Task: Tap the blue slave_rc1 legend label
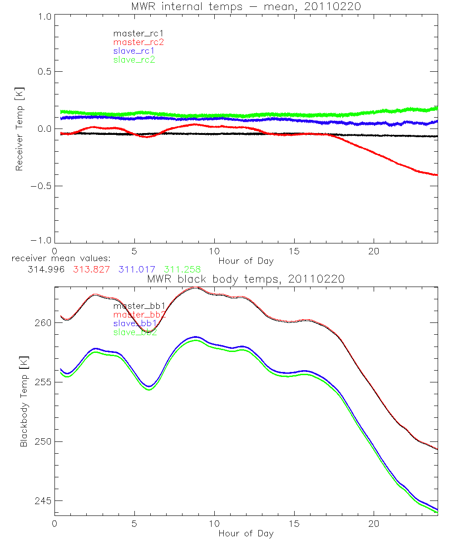pyautogui.click(x=133, y=51)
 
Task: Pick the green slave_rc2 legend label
pyautogui.click(x=133, y=59)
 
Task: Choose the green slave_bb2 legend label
pyautogui.click(x=134, y=332)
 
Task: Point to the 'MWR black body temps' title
pyautogui.click(x=246, y=279)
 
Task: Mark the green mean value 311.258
pyautogui.click(x=183, y=269)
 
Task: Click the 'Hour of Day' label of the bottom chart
pyautogui.click(x=246, y=534)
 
